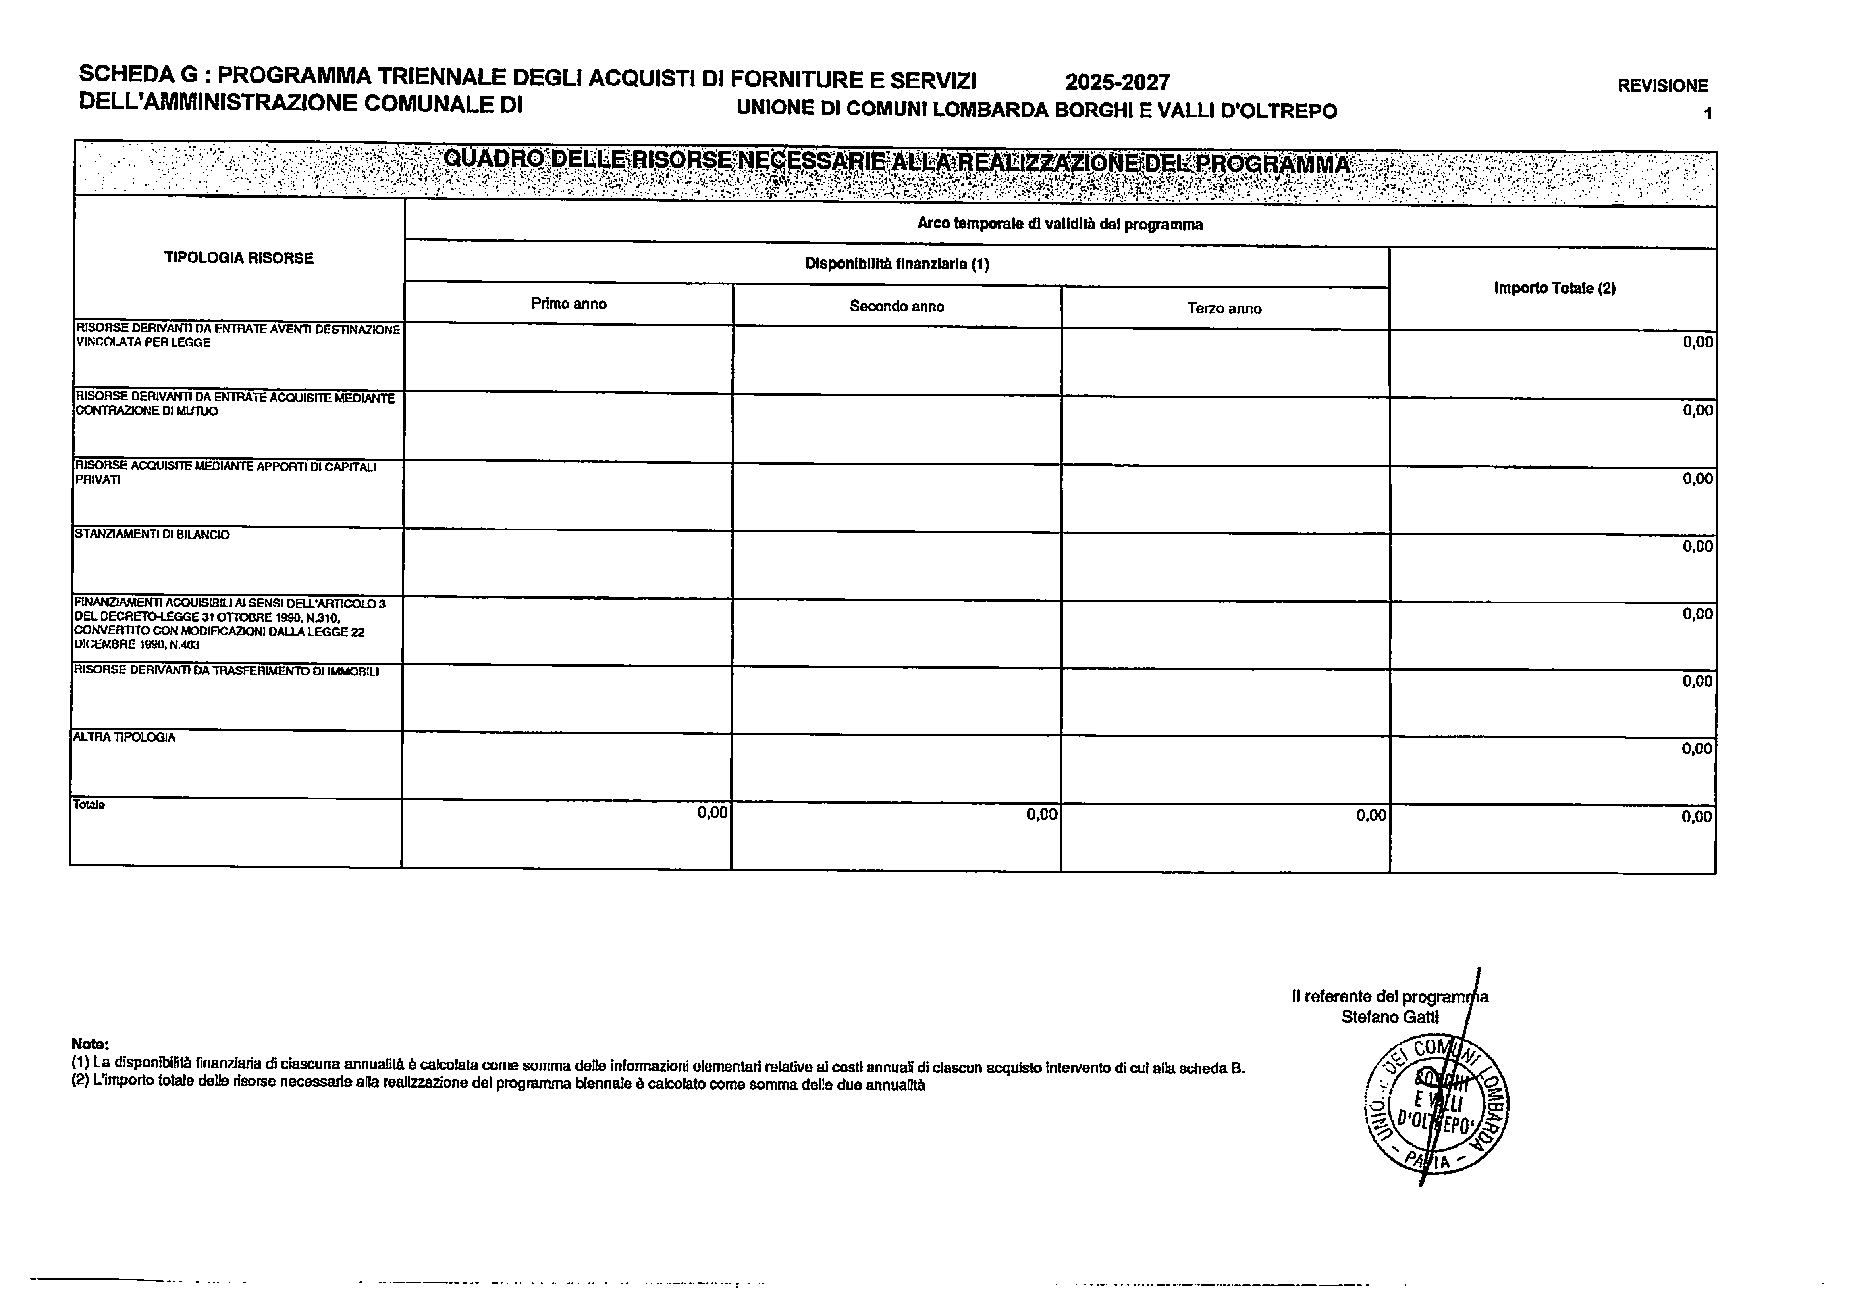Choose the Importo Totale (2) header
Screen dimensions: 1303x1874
pyautogui.click(x=1554, y=288)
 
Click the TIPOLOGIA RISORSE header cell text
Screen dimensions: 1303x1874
pyautogui.click(x=238, y=258)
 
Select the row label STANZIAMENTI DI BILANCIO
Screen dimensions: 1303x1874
pyautogui.click(x=152, y=534)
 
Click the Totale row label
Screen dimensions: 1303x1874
pyautogui.click(x=89, y=805)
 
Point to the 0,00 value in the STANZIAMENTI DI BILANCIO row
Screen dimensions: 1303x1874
pyautogui.click(x=1697, y=547)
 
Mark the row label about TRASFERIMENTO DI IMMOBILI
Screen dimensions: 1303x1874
pyautogui.click(x=226, y=671)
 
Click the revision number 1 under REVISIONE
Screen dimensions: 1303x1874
pyautogui.click(x=1707, y=114)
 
